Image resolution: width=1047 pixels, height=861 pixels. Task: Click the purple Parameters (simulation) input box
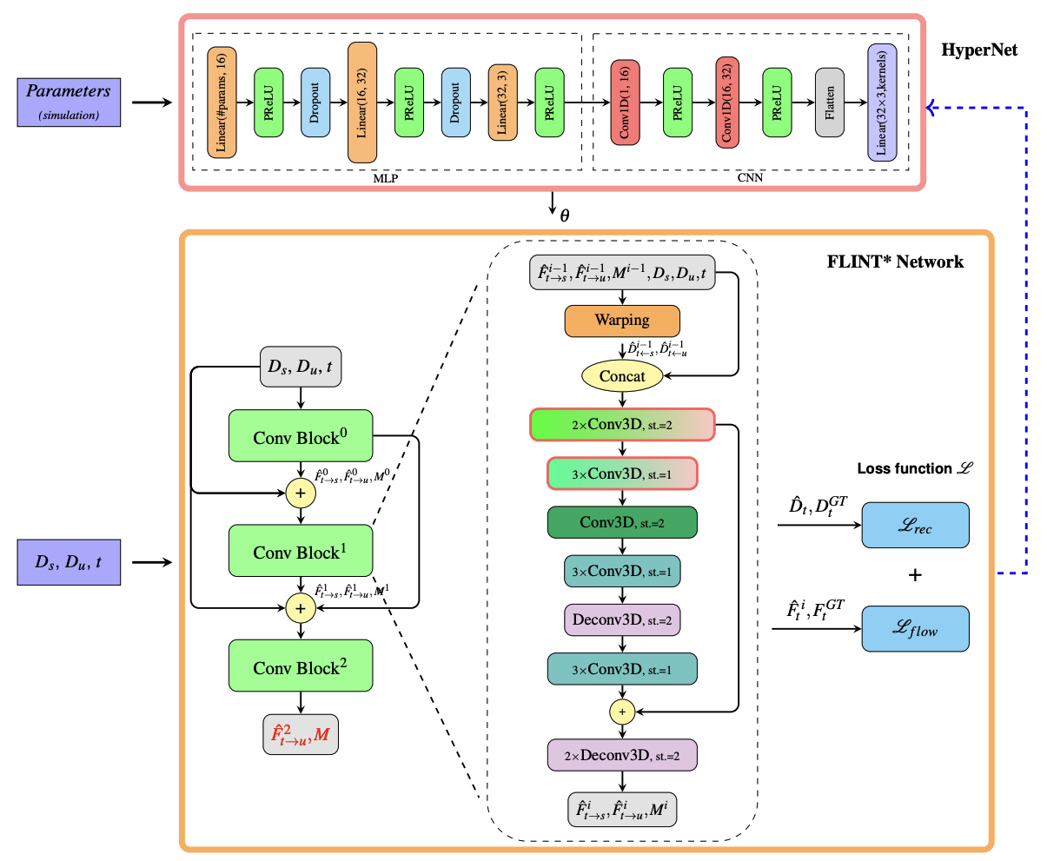coord(69,101)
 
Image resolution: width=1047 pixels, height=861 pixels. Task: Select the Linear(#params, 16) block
coord(222,102)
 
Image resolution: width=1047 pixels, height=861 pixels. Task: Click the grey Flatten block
coord(830,102)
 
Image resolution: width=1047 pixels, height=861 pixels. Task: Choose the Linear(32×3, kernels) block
coord(881,102)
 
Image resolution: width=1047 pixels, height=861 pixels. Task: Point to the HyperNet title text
coord(979,50)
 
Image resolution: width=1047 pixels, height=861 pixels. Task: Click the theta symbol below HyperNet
coord(565,215)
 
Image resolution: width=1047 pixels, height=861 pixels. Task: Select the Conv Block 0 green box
coord(300,436)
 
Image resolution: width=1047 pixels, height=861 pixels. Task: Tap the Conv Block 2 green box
coord(300,667)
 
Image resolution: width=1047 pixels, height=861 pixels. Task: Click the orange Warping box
coord(622,320)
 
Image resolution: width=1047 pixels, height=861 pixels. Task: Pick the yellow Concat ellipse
coord(622,376)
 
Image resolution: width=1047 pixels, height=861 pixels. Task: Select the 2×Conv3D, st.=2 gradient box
coord(622,425)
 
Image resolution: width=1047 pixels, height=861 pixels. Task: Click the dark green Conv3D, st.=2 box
coord(622,522)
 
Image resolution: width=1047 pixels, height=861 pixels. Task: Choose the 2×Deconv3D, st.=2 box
coord(622,755)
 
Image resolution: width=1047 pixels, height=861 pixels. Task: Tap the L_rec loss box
coord(915,525)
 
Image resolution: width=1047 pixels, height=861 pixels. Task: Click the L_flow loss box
coord(915,628)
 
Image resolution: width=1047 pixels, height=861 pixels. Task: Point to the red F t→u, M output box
coord(300,735)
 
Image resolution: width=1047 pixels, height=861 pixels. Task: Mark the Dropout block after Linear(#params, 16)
coord(315,102)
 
